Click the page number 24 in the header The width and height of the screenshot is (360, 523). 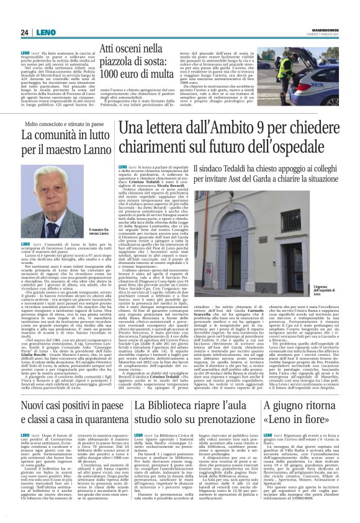(24, 32)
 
